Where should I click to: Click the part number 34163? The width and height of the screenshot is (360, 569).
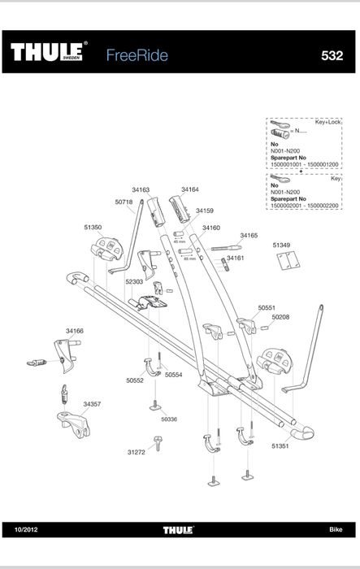pyautogui.click(x=141, y=189)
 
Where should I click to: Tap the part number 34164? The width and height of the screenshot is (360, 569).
pyautogui.click(x=190, y=189)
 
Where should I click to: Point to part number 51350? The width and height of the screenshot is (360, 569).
pyautogui.click(x=93, y=228)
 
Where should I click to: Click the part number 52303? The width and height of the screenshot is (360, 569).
pyautogui.click(x=134, y=282)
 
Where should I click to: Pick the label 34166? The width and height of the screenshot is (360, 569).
pyautogui.click(x=75, y=331)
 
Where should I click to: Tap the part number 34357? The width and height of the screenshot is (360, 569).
pyautogui.click(x=92, y=403)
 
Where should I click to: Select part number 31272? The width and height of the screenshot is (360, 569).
pyautogui.click(x=136, y=452)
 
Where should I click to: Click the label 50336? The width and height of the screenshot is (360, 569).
pyautogui.click(x=169, y=419)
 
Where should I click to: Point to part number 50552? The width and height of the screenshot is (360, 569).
pyautogui.click(x=135, y=380)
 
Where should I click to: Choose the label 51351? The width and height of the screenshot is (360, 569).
pyautogui.click(x=280, y=446)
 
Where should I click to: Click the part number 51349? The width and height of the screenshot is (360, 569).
pyautogui.click(x=281, y=244)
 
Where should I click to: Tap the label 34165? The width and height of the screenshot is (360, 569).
pyautogui.click(x=249, y=235)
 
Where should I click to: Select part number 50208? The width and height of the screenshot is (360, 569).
pyautogui.click(x=281, y=317)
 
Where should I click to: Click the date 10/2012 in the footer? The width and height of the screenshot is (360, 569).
pyautogui.click(x=27, y=530)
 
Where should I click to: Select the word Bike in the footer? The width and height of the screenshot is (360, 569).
pyautogui.click(x=336, y=530)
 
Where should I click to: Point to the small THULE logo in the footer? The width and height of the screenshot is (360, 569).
pyautogui.click(x=178, y=530)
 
